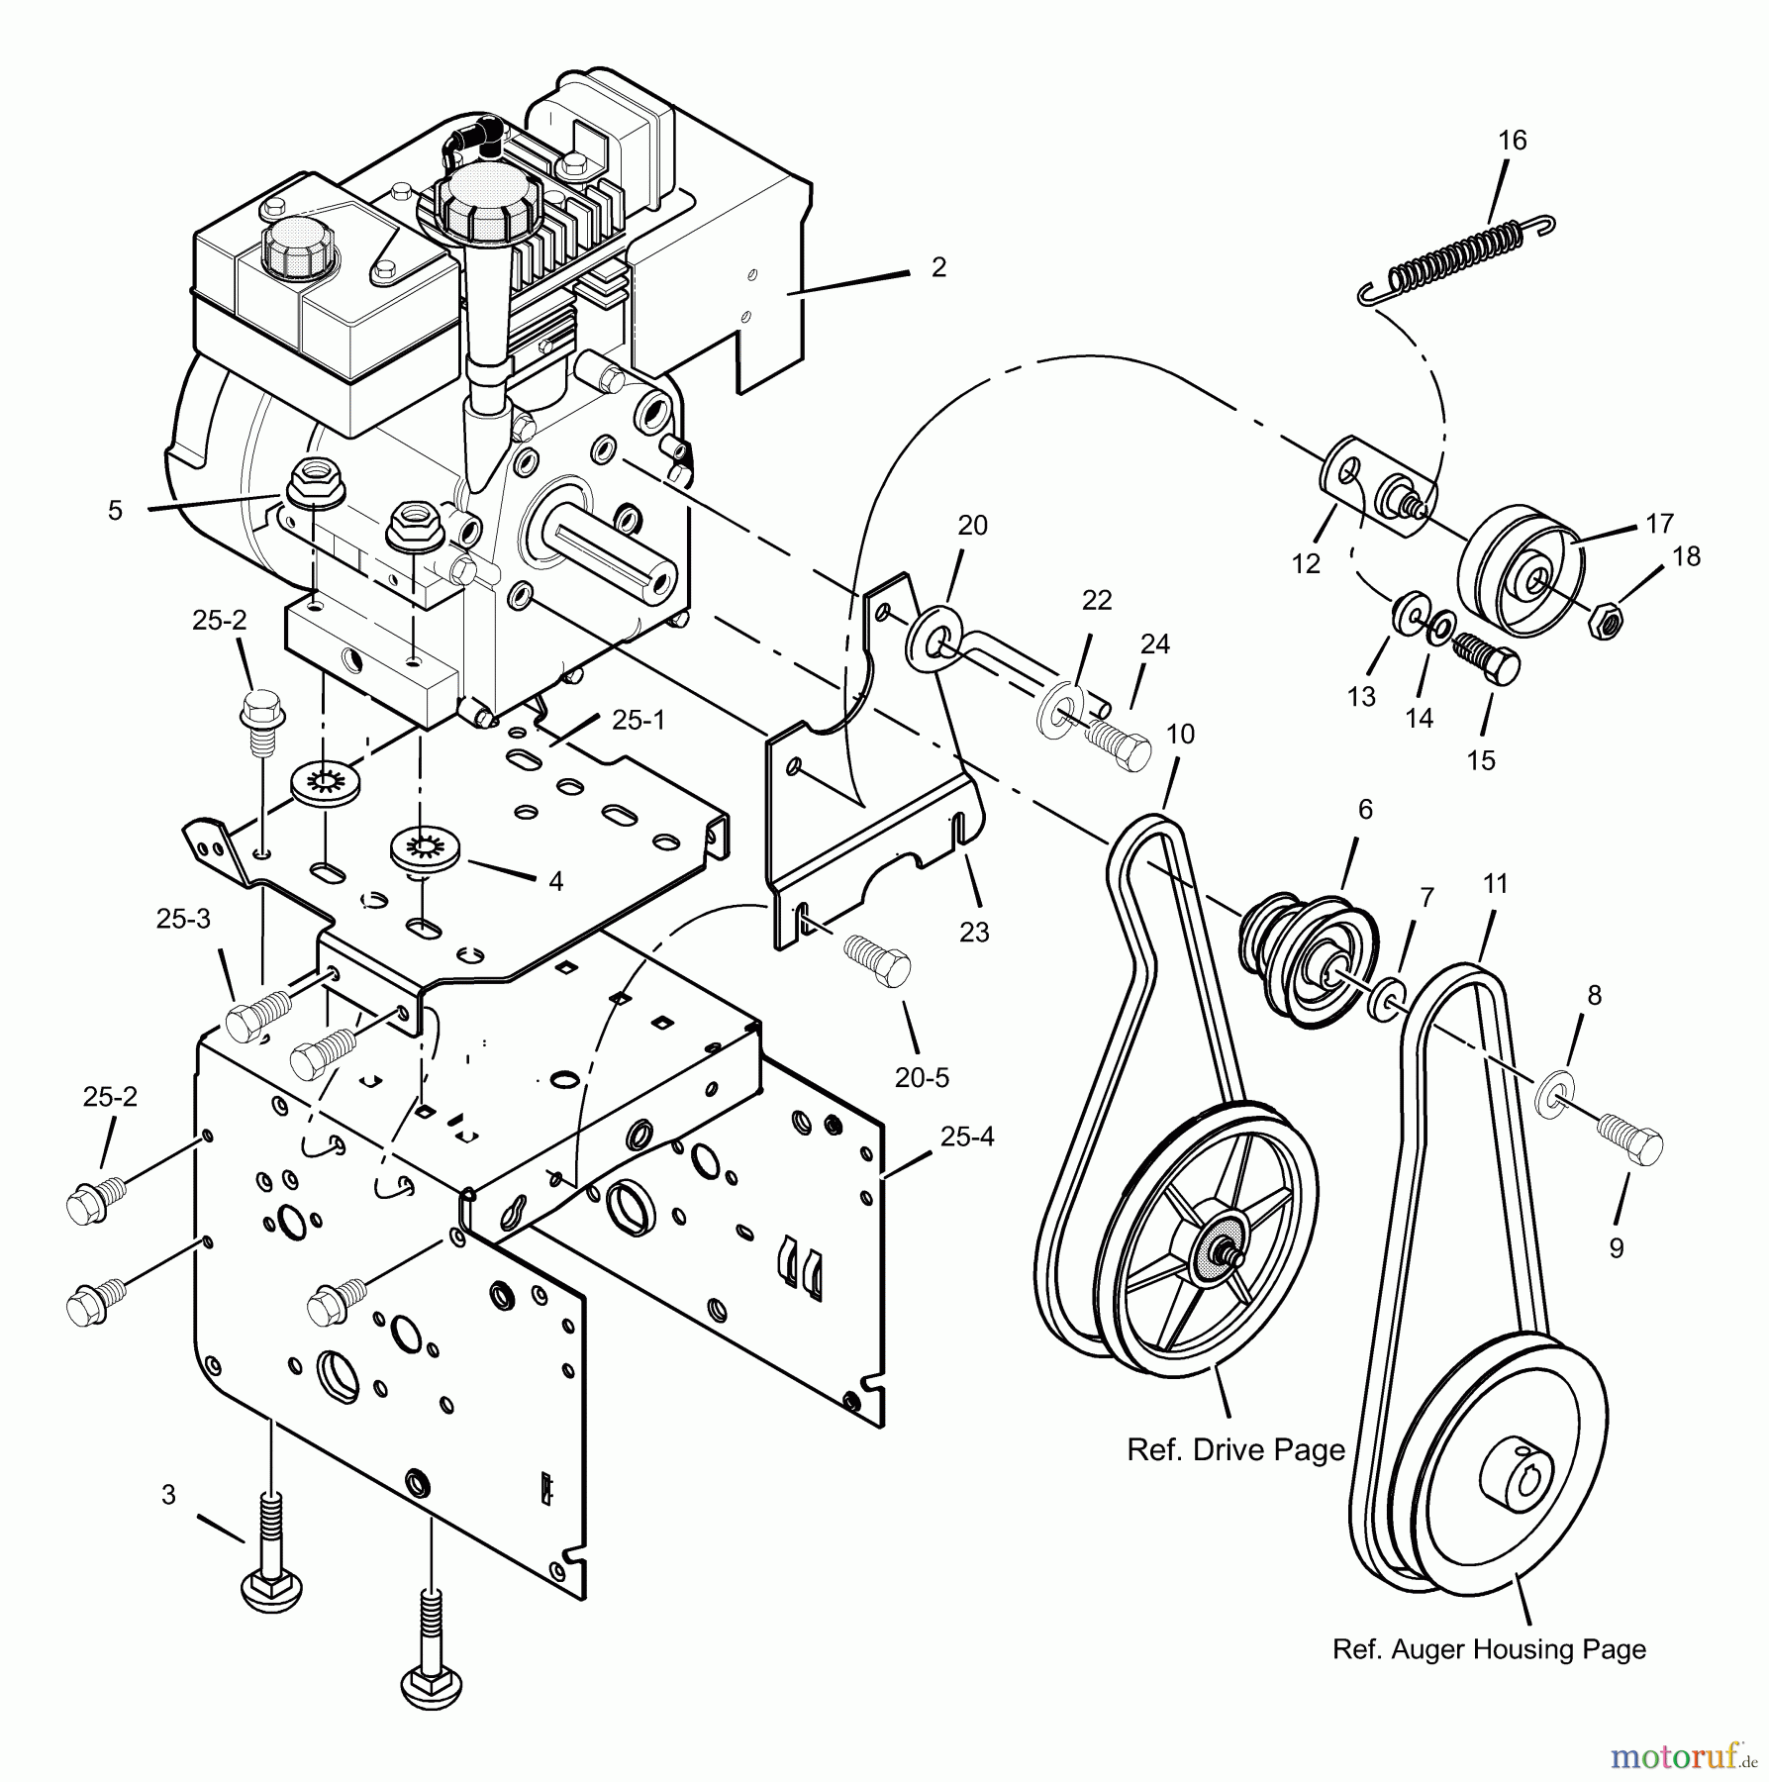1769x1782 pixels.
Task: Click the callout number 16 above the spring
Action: pyautogui.click(x=1512, y=141)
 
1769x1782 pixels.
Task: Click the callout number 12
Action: pyautogui.click(x=1306, y=564)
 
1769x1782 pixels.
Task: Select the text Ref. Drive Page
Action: pyautogui.click(x=1235, y=1450)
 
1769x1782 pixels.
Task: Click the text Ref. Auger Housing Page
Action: pyautogui.click(x=1489, y=1649)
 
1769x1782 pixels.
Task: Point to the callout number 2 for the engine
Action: pyautogui.click(x=938, y=267)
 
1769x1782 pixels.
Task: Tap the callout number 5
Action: pyautogui.click(x=116, y=511)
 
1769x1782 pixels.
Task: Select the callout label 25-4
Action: pyautogui.click(x=966, y=1137)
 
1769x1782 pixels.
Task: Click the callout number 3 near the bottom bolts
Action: pyautogui.click(x=169, y=1495)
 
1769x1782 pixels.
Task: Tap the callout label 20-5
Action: pyautogui.click(x=922, y=1077)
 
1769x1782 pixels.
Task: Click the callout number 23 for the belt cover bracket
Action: pyautogui.click(x=974, y=932)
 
